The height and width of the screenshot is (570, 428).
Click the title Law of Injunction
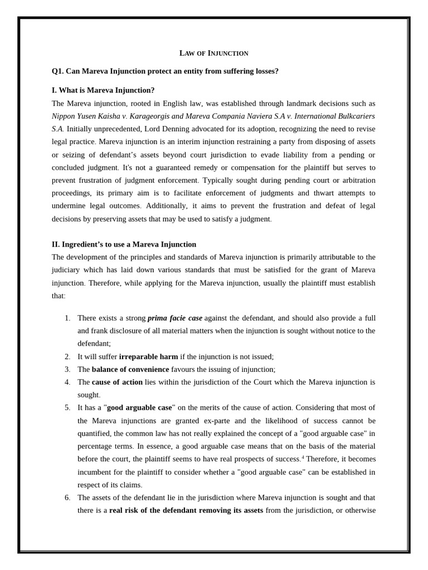point(213,53)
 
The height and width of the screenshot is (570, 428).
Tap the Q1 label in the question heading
point(57,71)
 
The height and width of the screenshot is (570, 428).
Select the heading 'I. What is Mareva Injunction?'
point(103,90)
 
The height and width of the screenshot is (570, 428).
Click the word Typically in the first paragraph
point(218,180)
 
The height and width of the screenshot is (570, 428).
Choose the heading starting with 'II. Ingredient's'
point(124,244)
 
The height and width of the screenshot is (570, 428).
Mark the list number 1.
point(67,318)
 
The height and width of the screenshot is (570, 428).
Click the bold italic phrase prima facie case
point(174,318)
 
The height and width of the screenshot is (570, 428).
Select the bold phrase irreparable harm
point(148,357)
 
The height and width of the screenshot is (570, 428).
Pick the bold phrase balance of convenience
point(130,370)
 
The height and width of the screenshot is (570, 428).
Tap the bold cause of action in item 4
point(117,382)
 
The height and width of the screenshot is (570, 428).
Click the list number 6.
point(67,498)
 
